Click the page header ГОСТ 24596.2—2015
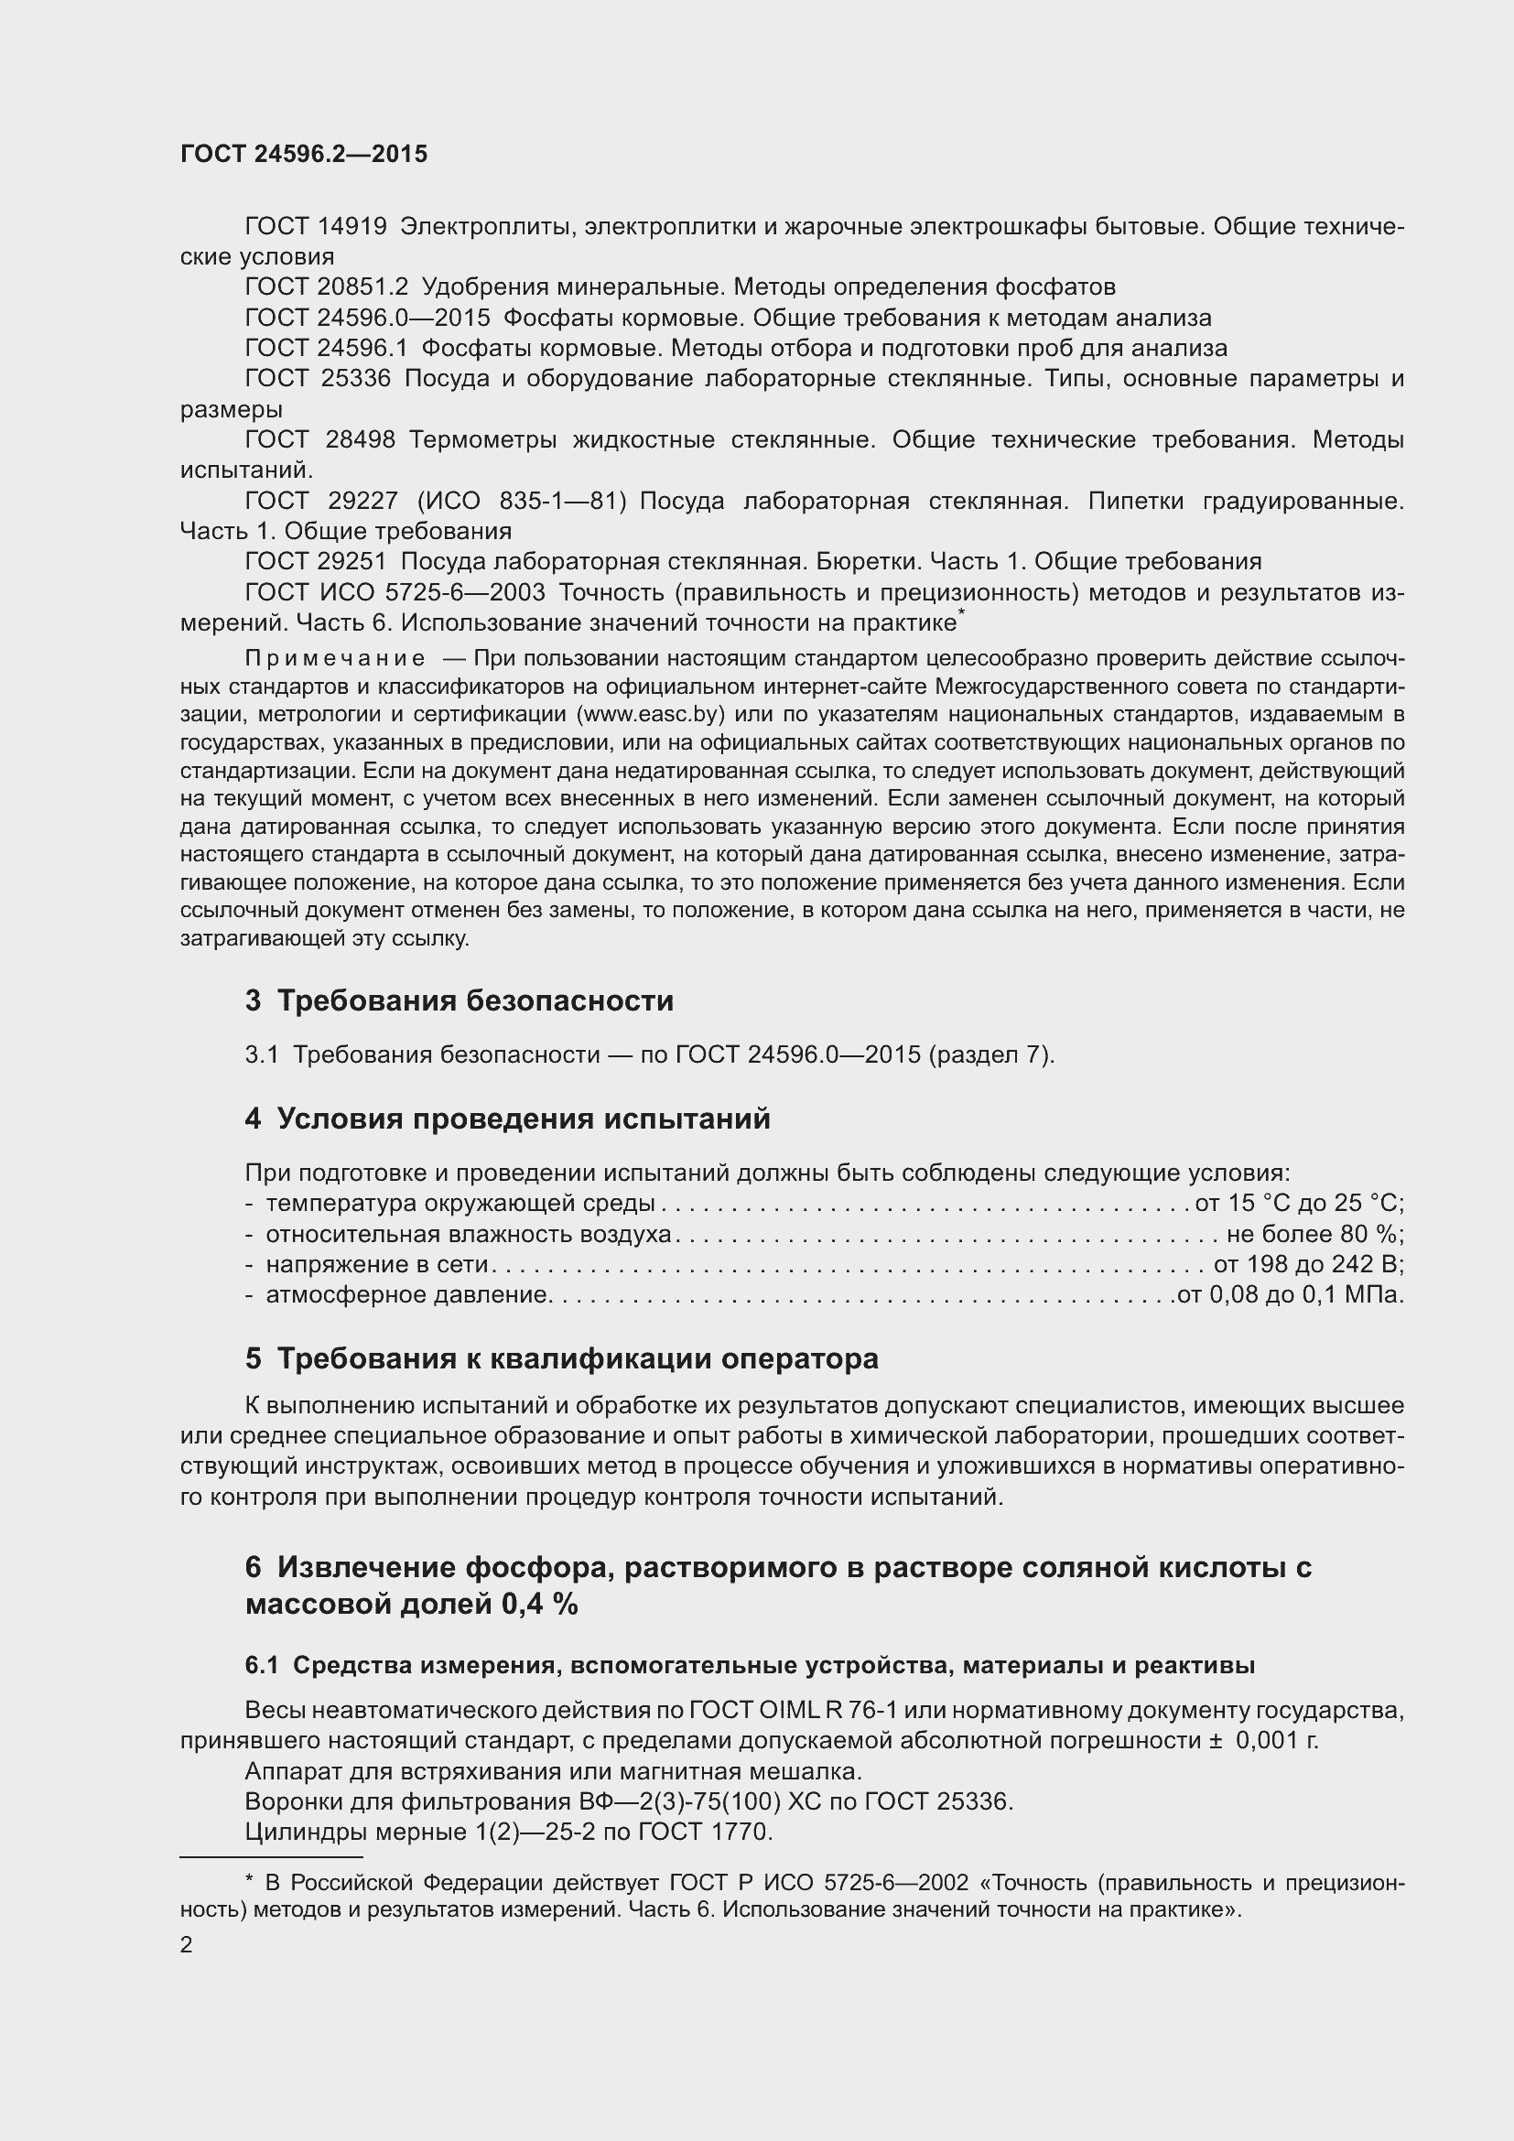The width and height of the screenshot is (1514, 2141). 304,154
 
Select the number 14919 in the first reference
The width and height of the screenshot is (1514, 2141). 351,227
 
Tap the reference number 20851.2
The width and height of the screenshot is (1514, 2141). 362,287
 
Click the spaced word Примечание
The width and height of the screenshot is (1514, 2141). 335,658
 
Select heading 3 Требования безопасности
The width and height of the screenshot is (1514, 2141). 459,1001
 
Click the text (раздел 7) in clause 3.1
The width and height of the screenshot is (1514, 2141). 991,1054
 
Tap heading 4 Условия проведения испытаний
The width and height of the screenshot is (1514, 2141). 507,1118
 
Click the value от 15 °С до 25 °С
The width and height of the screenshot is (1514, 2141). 1299,1203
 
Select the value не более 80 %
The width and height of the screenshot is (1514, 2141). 1314,1234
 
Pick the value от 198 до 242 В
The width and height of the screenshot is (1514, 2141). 1308,1264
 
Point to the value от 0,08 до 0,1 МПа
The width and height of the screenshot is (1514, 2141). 1291,1295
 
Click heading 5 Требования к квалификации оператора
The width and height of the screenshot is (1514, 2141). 561,1358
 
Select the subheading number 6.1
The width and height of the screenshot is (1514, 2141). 261,1665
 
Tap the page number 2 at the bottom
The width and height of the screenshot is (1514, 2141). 187,1945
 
